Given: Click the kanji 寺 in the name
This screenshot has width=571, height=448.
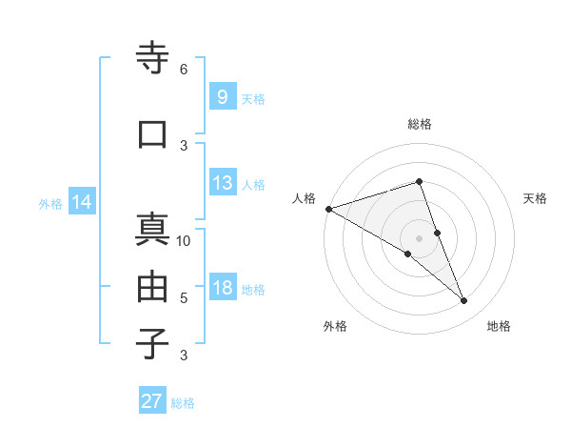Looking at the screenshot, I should pos(153,59).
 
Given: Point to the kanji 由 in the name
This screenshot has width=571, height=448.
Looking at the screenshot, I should pos(153,287).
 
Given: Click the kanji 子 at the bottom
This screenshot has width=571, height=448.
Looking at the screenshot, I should pos(153,343).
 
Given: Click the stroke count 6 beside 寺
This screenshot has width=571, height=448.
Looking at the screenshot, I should pos(184,70).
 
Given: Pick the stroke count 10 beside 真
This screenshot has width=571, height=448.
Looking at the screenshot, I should pos(184,240).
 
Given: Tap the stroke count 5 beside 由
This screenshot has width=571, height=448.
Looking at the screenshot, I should pos(184,297).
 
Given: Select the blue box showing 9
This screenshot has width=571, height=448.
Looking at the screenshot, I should pos(222,97).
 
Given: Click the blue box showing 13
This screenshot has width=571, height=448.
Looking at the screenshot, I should pos(222,183).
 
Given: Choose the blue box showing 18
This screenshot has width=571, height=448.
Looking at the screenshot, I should pos(222,288).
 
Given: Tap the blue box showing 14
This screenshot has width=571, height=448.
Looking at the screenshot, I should pos(81,202).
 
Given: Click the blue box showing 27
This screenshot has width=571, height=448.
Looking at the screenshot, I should pos(151,401).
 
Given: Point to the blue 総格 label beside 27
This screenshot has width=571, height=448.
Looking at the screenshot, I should pos(183,403).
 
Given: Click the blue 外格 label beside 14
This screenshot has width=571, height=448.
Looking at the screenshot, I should pos(50,203).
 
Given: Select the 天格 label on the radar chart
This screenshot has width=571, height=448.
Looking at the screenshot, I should pos(535,198).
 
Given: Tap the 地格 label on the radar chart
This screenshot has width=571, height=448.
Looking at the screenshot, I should pos(499,326).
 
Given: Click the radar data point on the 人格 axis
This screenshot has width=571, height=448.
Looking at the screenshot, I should pos(328,209).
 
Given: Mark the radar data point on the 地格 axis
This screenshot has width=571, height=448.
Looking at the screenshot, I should pos(464,301).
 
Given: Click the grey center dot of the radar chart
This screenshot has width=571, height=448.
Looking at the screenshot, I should pos(420,238).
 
